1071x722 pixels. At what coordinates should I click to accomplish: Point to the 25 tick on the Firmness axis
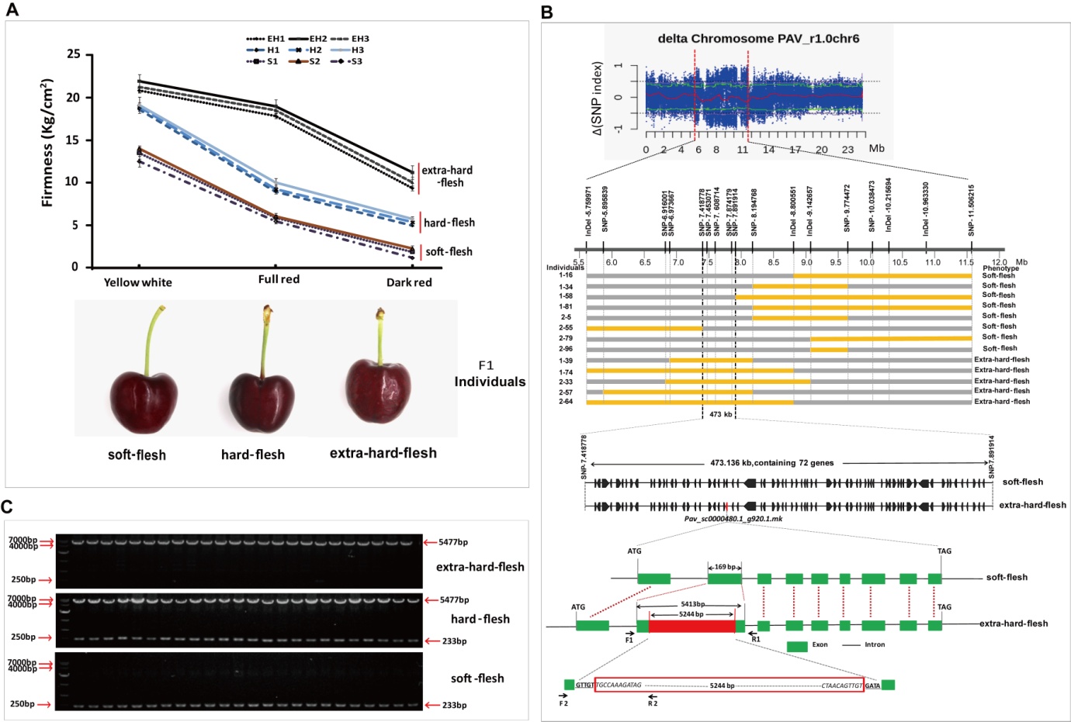click(x=74, y=54)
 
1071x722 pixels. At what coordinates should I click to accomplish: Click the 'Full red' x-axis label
click(x=279, y=279)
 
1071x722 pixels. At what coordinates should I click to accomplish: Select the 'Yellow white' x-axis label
click(x=138, y=282)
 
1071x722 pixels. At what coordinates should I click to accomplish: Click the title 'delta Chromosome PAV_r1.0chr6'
click(x=758, y=38)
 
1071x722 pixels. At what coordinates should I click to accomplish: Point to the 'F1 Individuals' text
click(x=489, y=374)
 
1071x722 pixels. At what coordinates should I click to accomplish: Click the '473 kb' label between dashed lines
click(x=720, y=415)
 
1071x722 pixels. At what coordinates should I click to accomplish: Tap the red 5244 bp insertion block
click(x=691, y=626)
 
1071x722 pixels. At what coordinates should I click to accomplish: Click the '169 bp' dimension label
click(x=725, y=567)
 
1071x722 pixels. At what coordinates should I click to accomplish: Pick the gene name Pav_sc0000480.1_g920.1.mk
click(x=733, y=519)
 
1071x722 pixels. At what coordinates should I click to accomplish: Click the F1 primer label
click(x=629, y=641)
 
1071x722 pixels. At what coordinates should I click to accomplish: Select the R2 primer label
click(x=653, y=703)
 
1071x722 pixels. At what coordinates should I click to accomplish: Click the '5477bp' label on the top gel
click(x=452, y=543)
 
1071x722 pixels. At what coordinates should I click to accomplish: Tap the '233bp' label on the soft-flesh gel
click(x=454, y=706)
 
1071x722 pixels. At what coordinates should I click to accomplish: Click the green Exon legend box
click(x=797, y=646)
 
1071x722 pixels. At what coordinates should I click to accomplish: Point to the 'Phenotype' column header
click(x=1000, y=268)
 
